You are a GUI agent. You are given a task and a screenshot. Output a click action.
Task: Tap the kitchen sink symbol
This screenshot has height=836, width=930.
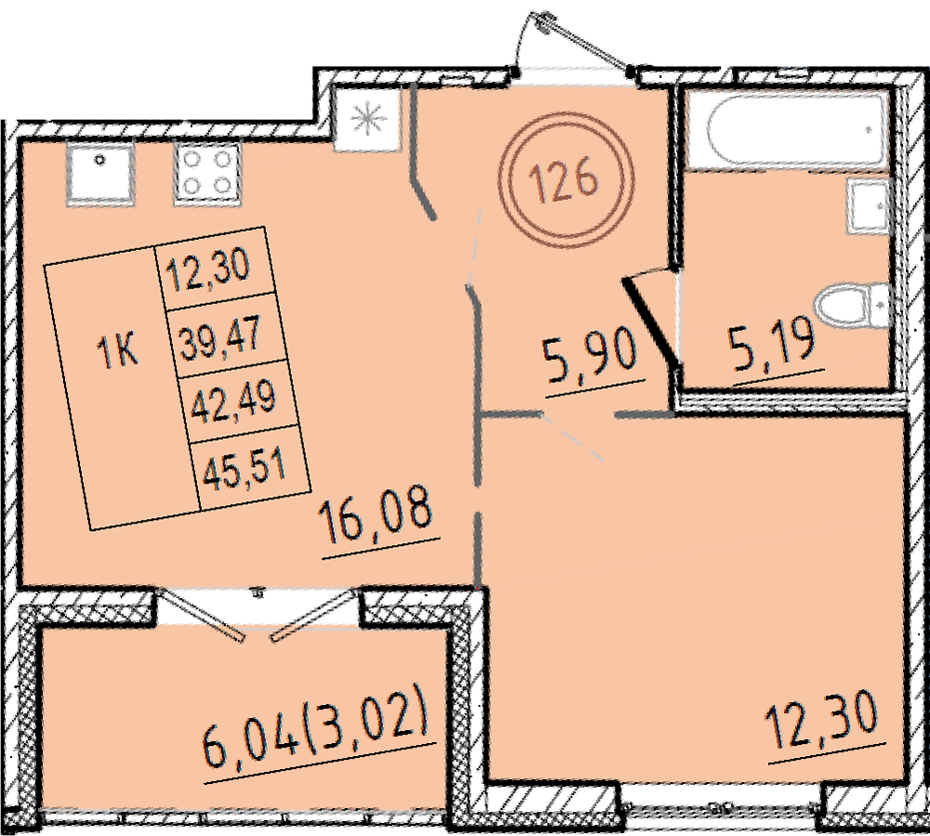(100, 174)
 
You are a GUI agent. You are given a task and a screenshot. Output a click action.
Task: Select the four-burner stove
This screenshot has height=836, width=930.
(207, 174)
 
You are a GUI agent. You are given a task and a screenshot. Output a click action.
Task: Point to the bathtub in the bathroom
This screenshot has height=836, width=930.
(788, 132)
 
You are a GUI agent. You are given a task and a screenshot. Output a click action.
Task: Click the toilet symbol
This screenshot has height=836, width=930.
(852, 304)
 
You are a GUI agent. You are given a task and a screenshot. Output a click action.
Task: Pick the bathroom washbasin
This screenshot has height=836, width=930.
(869, 206)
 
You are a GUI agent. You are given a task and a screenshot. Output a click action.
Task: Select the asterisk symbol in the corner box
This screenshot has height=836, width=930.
(367, 119)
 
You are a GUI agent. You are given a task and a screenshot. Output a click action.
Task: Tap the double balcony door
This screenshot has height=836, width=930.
(258, 615)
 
